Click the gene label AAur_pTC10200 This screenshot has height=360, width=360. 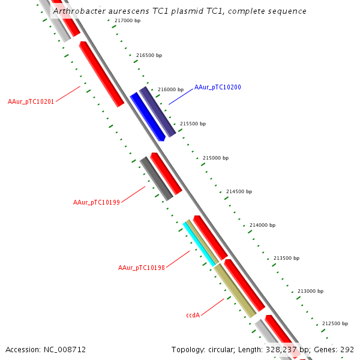pos(217,88)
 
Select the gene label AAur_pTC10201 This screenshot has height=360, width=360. pos(31,101)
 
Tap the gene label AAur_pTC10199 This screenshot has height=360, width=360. pos(97,202)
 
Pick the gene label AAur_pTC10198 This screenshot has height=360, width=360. pos(142,268)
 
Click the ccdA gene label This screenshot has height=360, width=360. pos(193,314)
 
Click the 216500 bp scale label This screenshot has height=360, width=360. pos(149,55)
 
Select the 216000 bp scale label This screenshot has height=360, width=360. pos(171,89)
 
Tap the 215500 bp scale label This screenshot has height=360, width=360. pos(193,124)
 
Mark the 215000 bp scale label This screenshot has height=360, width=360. pos(215,158)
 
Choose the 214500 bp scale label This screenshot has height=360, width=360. pos(239,191)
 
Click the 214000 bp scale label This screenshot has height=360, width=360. pos(262,225)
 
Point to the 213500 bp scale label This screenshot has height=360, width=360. pos(286,258)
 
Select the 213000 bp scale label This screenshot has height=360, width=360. pos(310,291)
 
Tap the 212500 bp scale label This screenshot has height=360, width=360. pos(335,323)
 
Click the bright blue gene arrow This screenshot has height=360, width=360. pos(147,116)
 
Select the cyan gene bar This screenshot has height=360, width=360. pos(199,244)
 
